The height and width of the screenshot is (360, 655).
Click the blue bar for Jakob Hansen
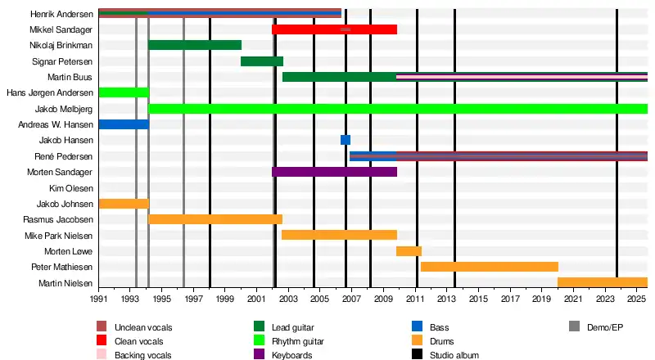[346, 140]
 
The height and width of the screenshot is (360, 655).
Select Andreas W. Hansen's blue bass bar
[124, 124]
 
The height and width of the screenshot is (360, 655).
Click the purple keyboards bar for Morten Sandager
[334, 172]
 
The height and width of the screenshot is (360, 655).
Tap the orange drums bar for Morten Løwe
[409, 251]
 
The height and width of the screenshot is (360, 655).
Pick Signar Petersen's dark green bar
[262, 61]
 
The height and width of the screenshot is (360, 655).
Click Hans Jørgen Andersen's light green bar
[124, 92]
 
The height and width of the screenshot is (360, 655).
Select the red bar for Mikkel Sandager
[334, 29]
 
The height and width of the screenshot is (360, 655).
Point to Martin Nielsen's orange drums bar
[603, 283]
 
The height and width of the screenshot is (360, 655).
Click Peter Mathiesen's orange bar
[490, 267]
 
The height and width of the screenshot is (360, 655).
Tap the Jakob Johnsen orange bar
[124, 204]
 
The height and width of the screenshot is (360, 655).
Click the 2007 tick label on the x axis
[352, 300]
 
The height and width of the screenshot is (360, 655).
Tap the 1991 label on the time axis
[99, 300]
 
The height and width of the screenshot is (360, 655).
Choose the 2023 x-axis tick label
[606, 300]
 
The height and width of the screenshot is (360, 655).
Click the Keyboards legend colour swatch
[260, 355]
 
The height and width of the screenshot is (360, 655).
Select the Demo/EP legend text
[605, 327]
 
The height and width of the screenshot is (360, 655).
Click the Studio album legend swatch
[419, 355]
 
